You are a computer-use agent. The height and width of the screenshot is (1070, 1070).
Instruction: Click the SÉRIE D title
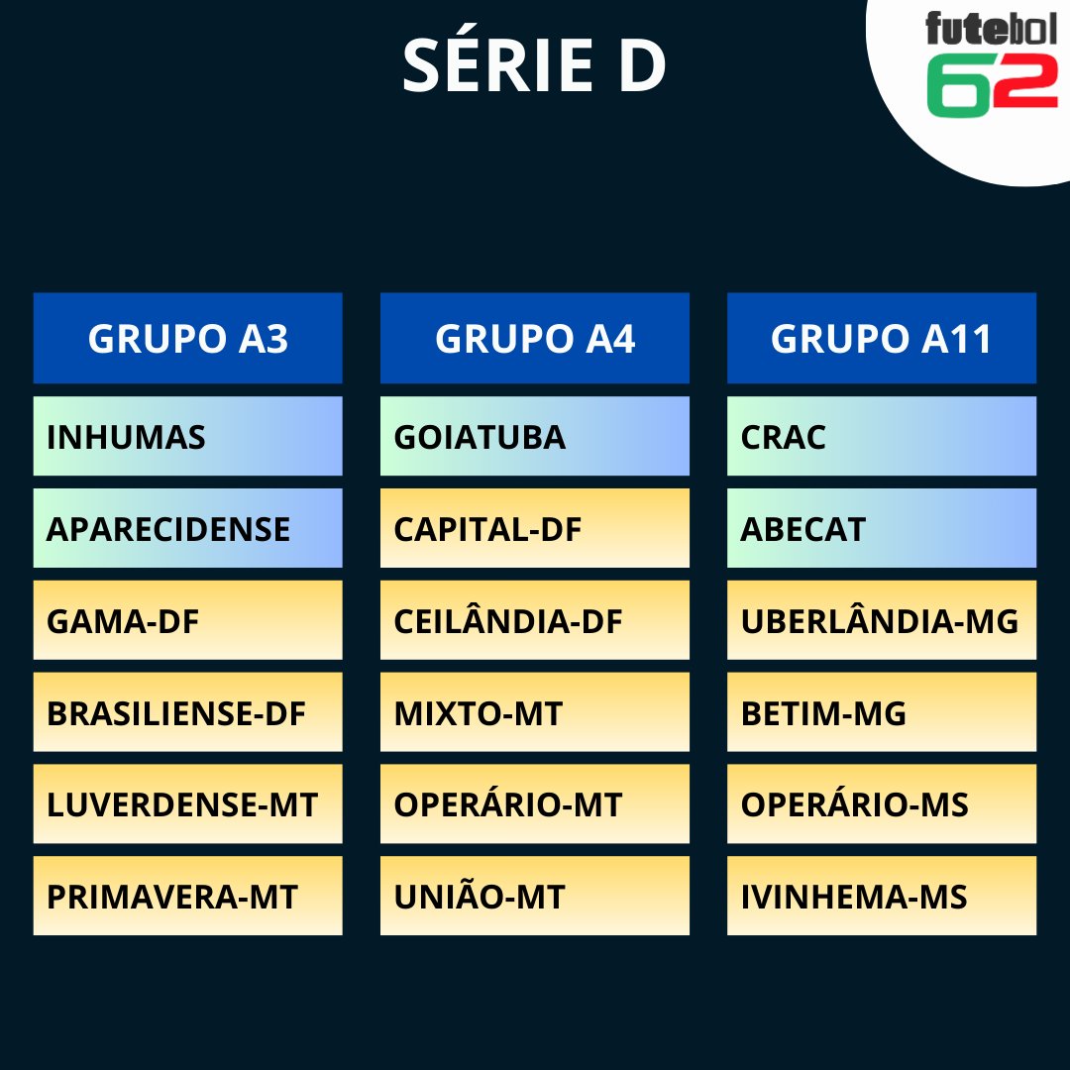pyautogui.click(x=534, y=67)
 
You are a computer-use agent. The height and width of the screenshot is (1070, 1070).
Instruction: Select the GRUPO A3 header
pyautogui.click(x=187, y=338)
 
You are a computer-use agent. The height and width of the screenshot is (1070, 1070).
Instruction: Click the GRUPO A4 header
pyautogui.click(x=534, y=338)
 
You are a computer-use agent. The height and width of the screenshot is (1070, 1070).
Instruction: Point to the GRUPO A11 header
pyautogui.click(x=881, y=338)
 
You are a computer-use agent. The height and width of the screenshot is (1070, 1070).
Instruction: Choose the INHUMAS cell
pyautogui.click(x=187, y=436)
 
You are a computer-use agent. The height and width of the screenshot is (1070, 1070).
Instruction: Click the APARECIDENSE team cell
pyautogui.click(x=187, y=528)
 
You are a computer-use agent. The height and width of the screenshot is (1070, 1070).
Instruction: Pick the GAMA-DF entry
pyautogui.click(x=187, y=620)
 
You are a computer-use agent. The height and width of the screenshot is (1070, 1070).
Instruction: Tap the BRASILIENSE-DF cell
pyautogui.click(x=187, y=712)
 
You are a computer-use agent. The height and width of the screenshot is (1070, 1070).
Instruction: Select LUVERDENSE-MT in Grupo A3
pyautogui.click(x=187, y=803)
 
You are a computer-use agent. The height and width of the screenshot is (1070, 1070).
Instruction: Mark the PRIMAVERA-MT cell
pyautogui.click(x=187, y=896)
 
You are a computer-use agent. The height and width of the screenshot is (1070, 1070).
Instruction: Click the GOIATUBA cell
pyautogui.click(x=534, y=436)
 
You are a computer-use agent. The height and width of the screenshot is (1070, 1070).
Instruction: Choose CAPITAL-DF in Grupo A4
pyautogui.click(x=534, y=528)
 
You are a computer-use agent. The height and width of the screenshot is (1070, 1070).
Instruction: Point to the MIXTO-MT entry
pyautogui.click(x=534, y=712)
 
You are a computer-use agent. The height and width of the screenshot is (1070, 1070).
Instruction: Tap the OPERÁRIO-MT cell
pyautogui.click(x=534, y=803)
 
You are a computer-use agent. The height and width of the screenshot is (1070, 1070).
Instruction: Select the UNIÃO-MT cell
pyautogui.click(x=534, y=896)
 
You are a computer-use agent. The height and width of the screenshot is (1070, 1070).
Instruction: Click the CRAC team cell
pyautogui.click(x=881, y=436)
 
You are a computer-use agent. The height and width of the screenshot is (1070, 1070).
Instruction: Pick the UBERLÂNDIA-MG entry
pyautogui.click(x=881, y=620)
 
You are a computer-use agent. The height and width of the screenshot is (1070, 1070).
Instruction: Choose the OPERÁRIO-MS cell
pyautogui.click(x=881, y=803)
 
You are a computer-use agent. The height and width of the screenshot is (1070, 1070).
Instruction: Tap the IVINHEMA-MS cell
pyautogui.click(x=881, y=896)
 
